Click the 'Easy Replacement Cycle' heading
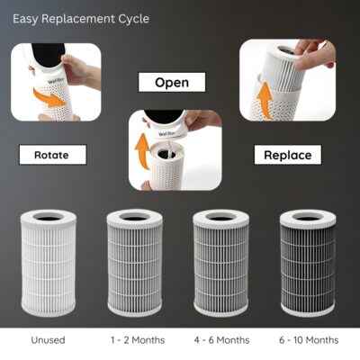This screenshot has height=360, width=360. point(81,19)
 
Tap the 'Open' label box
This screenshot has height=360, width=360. point(172,82)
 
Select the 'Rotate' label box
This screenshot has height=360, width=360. point(53,155)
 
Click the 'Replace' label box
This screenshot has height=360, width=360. point(288,155)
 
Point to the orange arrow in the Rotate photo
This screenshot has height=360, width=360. point(49,98)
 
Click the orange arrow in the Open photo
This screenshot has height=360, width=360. point(143,151)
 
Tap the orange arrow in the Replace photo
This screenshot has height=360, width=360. point(265,100)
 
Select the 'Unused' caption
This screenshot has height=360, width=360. point(48,340)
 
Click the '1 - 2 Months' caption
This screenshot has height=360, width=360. point(138,340)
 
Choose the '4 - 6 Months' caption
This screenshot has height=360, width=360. point(221,340)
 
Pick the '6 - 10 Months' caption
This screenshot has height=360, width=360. point(309,340)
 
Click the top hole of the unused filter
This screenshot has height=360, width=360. point(49,217)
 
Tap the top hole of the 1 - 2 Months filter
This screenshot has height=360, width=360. point(134,217)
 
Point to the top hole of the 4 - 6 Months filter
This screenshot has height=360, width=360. point(220,217)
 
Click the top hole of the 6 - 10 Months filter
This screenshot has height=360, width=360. point(307,217)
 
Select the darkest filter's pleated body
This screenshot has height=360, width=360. point(307,266)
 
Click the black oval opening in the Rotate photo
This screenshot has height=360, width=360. point(48,55)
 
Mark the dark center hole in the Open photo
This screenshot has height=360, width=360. point(166,155)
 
